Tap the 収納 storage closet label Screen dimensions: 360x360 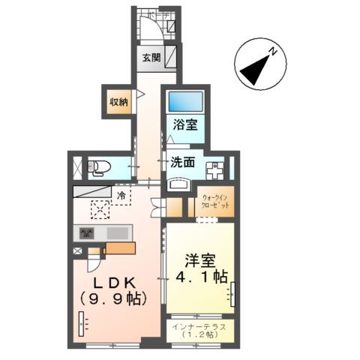(x=118, y=101)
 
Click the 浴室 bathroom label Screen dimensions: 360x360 (x=187, y=125)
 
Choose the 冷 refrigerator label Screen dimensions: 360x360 (x=122, y=195)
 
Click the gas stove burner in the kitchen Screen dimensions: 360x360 (x=86, y=233)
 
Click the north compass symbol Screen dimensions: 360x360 (x=259, y=64)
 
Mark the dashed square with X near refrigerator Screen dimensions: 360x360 (x=100, y=211)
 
